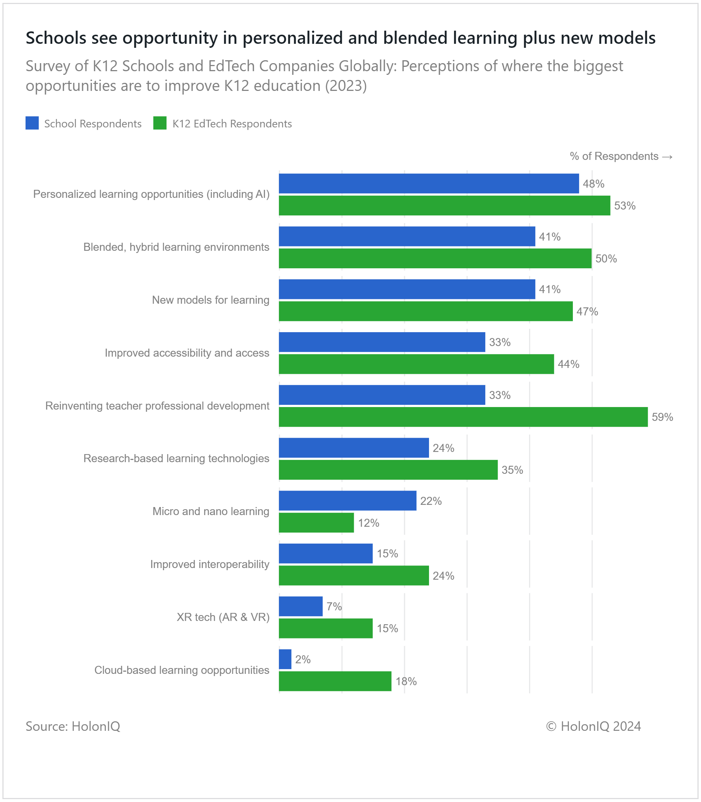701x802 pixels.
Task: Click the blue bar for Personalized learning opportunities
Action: pyautogui.click(x=429, y=183)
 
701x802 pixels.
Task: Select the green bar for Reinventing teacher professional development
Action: pyautogui.click(x=463, y=417)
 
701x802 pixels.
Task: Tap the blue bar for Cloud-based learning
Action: pyautogui.click(x=285, y=659)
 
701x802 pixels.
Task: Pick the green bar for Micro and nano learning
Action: pyautogui.click(x=317, y=523)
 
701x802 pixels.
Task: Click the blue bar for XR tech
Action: pyautogui.click(x=301, y=606)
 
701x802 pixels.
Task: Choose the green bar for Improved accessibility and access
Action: pyautogui.click(x=416, y=364)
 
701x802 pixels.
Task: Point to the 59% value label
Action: pyautogui.click(x=662, y=417)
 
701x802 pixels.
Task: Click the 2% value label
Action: pyautogui.click(x=303, y=660)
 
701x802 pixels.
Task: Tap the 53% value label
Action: pyautogui.click(x=625, y=206)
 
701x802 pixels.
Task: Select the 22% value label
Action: pyautogui.click(x=431, y=501)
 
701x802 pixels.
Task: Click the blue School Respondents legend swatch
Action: pyautogui.click(x=32, y=123)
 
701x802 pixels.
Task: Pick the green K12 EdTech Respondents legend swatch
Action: pyautogui.click(x=160, y=123)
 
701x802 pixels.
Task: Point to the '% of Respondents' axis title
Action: pyautogui.click(x=621, y=156)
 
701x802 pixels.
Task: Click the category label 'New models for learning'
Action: pyautogui.click(x=210, y=300)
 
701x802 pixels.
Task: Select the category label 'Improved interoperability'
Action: pyautogui.click(x=210, y=564)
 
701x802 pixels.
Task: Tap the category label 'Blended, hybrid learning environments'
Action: pyautogui.click(x=176, y=247)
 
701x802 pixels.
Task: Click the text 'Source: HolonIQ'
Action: pyautogui.click(x=73, y=726)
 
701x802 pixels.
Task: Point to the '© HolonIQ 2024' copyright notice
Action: pyautogui.click(x=593, y=726)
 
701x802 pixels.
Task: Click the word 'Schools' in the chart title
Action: pyautogui.click(x=56, y=38)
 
